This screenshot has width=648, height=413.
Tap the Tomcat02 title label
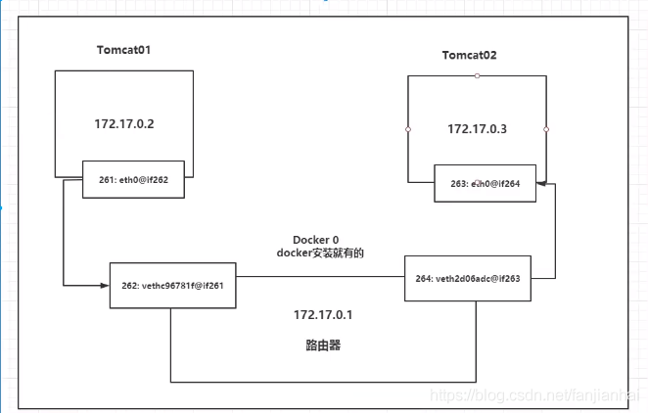click(470, 56)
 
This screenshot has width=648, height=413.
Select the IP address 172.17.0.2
click(123, 124)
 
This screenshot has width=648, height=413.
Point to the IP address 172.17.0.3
click(477, 129)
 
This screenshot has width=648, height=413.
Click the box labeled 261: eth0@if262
click(135, 180)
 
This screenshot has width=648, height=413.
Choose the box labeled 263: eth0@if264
click(486, 183)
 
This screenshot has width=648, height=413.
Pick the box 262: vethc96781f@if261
click(171, 286)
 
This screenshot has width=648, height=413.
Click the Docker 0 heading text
click(317, 240)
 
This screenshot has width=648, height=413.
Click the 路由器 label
click(322, 346)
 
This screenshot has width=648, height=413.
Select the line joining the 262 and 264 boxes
click(319, 277)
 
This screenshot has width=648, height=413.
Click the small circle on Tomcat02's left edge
click(408, 129)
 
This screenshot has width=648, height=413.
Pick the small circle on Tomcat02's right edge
click(546, 129)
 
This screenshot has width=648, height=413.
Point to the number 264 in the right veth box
click(421, 277)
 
